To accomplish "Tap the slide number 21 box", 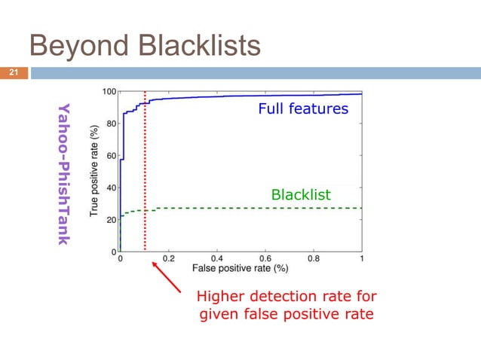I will click(13, 73).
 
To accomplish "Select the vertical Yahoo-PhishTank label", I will click(63, 172).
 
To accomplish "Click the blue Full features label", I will click(303, 109).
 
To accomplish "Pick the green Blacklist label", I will click(301, 195).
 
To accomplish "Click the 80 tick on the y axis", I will click(110, 124).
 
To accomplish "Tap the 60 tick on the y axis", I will click(110, 156).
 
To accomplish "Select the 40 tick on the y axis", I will click(110, 188).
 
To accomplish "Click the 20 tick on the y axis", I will click(110, 219).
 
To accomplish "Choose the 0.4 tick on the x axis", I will click(217, 258).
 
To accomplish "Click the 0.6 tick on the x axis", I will click(265, 258).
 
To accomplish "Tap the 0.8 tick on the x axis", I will click(314, 258).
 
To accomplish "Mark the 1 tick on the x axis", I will click(361, 258).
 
